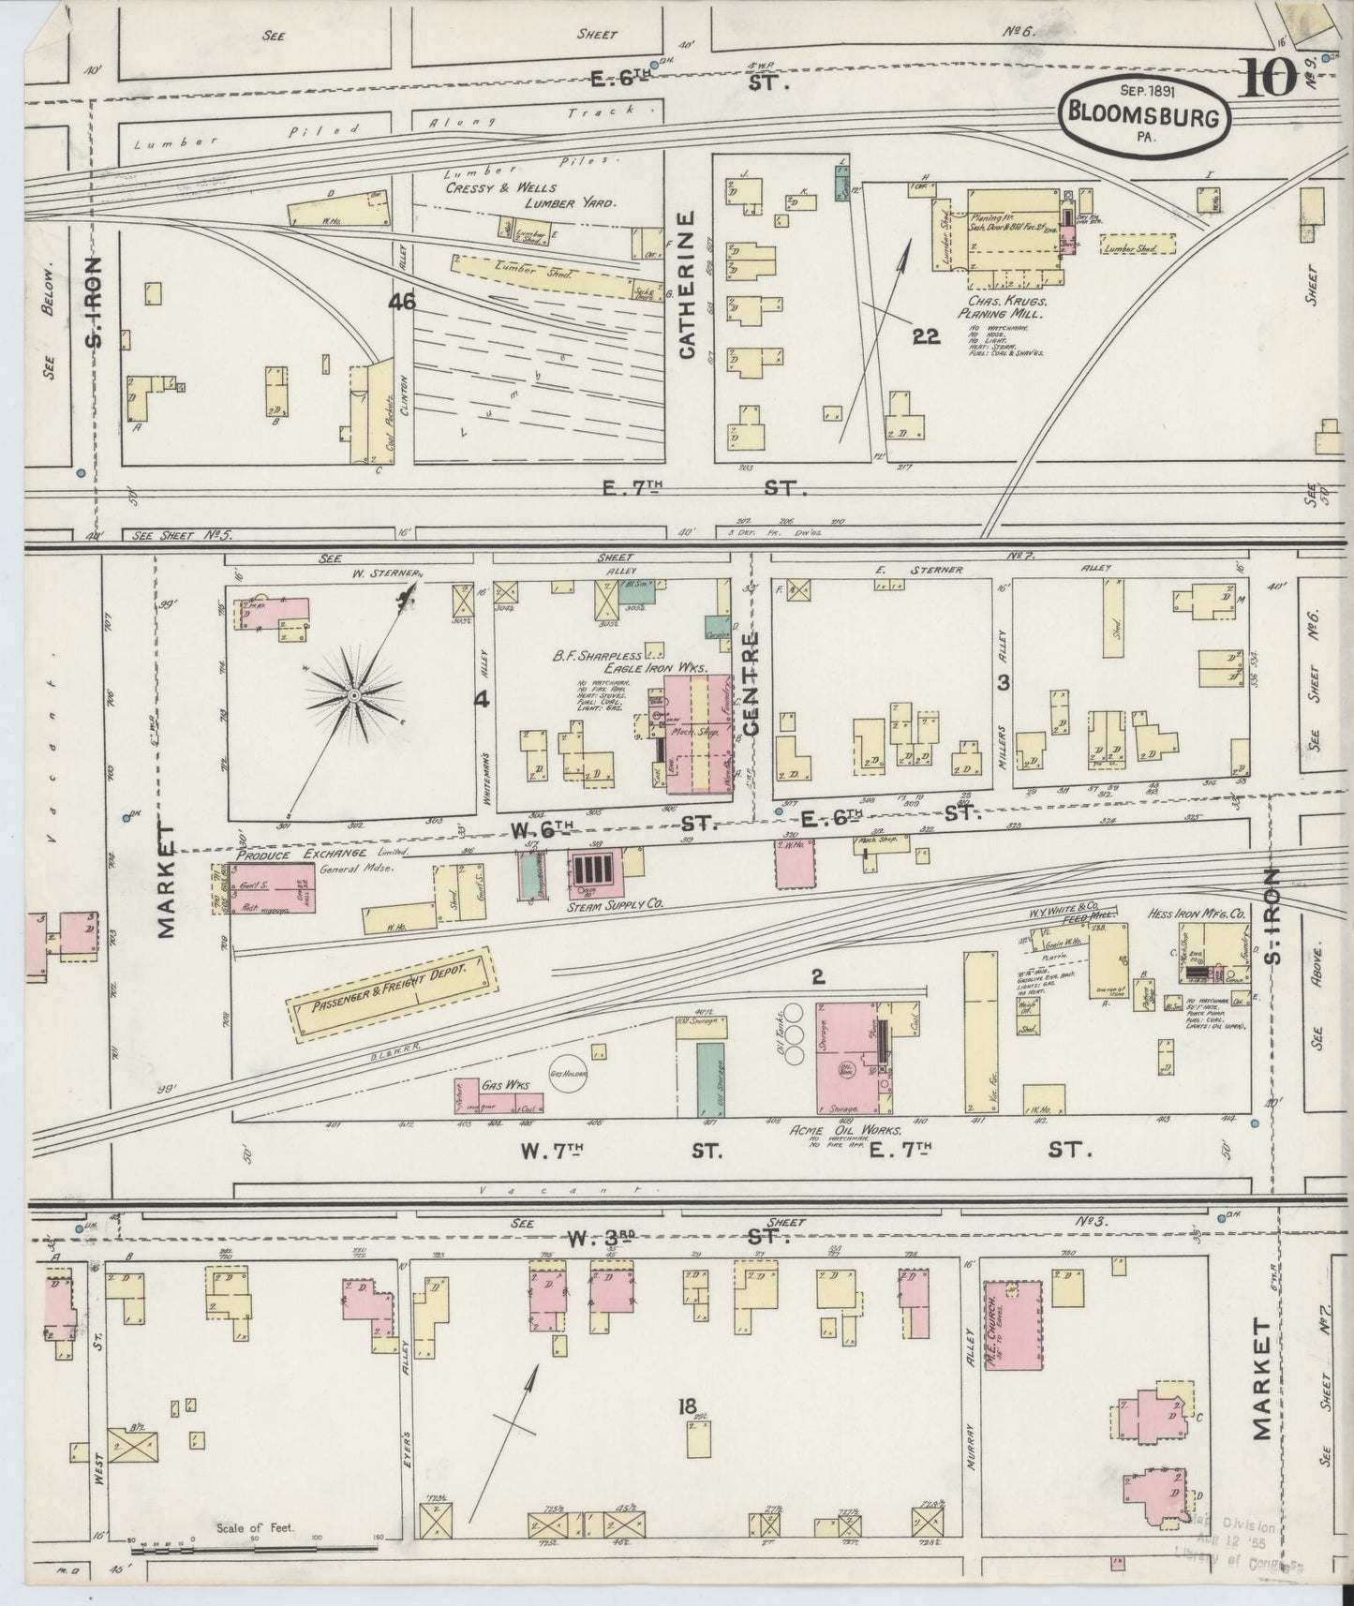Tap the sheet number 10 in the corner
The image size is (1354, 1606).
[x=1268, y=78]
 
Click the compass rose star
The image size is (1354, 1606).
[x=354, y=695]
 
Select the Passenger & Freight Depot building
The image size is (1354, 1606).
[x=391, y=994]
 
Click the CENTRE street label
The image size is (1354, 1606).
[x=750, y=681]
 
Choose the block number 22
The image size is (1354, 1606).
[x=926, y=336]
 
